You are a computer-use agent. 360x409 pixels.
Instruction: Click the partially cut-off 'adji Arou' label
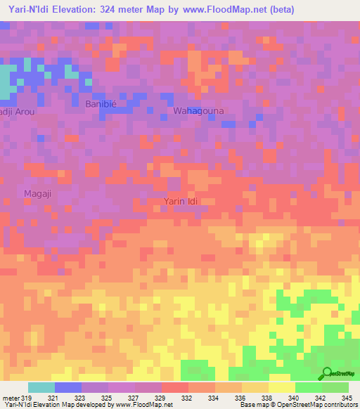coord(15,111)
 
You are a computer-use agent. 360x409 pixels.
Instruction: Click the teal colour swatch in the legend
coord(41,387)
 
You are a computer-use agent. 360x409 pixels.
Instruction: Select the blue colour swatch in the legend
coord(67,387)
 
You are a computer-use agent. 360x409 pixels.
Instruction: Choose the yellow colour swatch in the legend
coord(281,387)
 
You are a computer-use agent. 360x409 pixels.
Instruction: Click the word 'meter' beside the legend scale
coord(10,397)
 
